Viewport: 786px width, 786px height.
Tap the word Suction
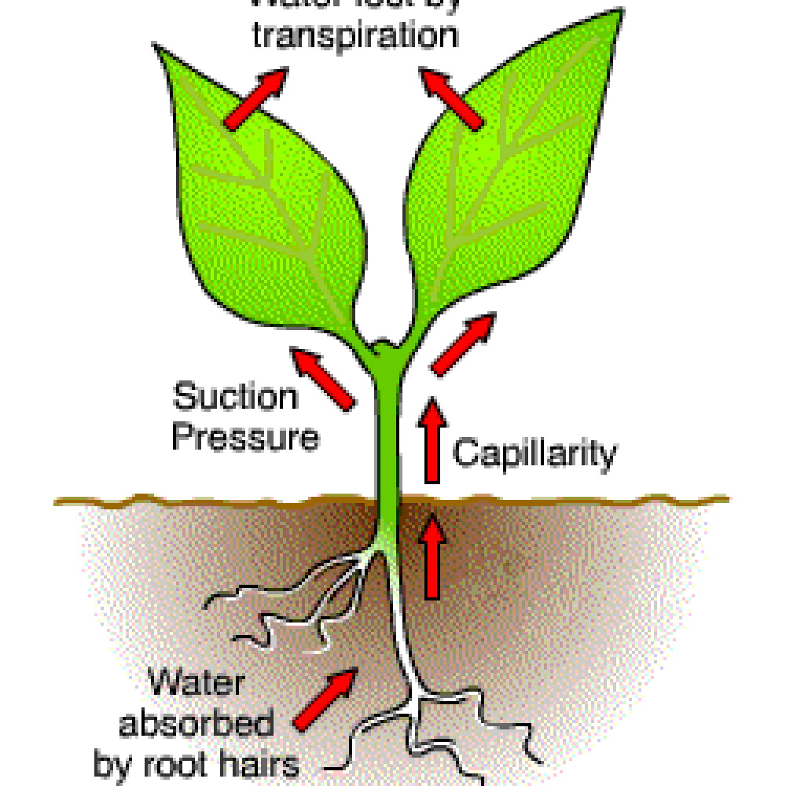[x=235, y=397]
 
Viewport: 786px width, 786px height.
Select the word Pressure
[x=245, y=437]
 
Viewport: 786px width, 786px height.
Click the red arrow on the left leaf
[x=256, y=97]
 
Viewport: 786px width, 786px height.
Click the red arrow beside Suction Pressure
[x=321, y=378]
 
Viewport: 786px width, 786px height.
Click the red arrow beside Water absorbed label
[x=324, y=696]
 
